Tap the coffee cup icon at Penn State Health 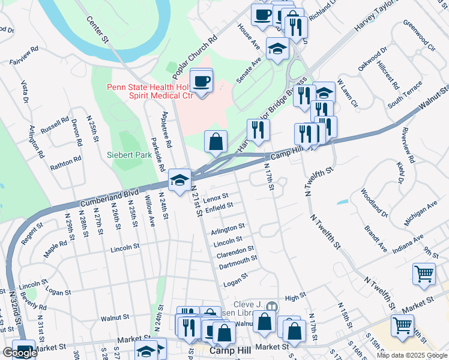tap(201, 80)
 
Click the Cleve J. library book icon tap(271, 307)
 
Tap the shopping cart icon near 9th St tap(424, 274)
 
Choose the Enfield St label tap(218, 206)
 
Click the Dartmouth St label tap(238, 259)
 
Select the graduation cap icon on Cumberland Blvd tap(179, 179)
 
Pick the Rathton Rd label tap(65, 163)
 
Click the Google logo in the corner tap(20, 353)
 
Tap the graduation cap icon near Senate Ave tap(278, 49)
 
